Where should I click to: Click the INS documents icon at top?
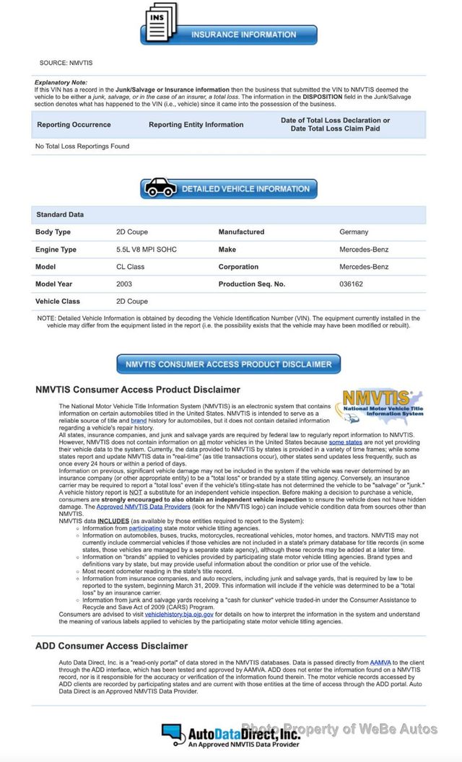coord(161,23)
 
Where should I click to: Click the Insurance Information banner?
coord(243,35)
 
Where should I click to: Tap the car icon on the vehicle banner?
coord(160,188)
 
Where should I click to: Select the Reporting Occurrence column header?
coord(74,125)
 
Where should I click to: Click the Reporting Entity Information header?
coord(196,125)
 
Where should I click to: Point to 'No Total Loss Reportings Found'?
coord(82,146)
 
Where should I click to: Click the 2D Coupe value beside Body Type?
coord(132,232)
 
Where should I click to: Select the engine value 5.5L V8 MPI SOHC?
coord(146,250)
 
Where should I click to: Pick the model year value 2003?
coord(124,284)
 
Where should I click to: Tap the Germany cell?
coord(354,232)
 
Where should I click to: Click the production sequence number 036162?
coord(351,284)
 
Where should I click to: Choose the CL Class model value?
coord(130,267)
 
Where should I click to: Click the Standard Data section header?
coord(60,215)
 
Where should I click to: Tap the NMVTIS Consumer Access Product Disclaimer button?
coord(229,364)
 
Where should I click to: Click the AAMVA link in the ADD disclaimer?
coord(380,661)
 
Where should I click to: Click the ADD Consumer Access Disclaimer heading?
coord(111,646)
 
